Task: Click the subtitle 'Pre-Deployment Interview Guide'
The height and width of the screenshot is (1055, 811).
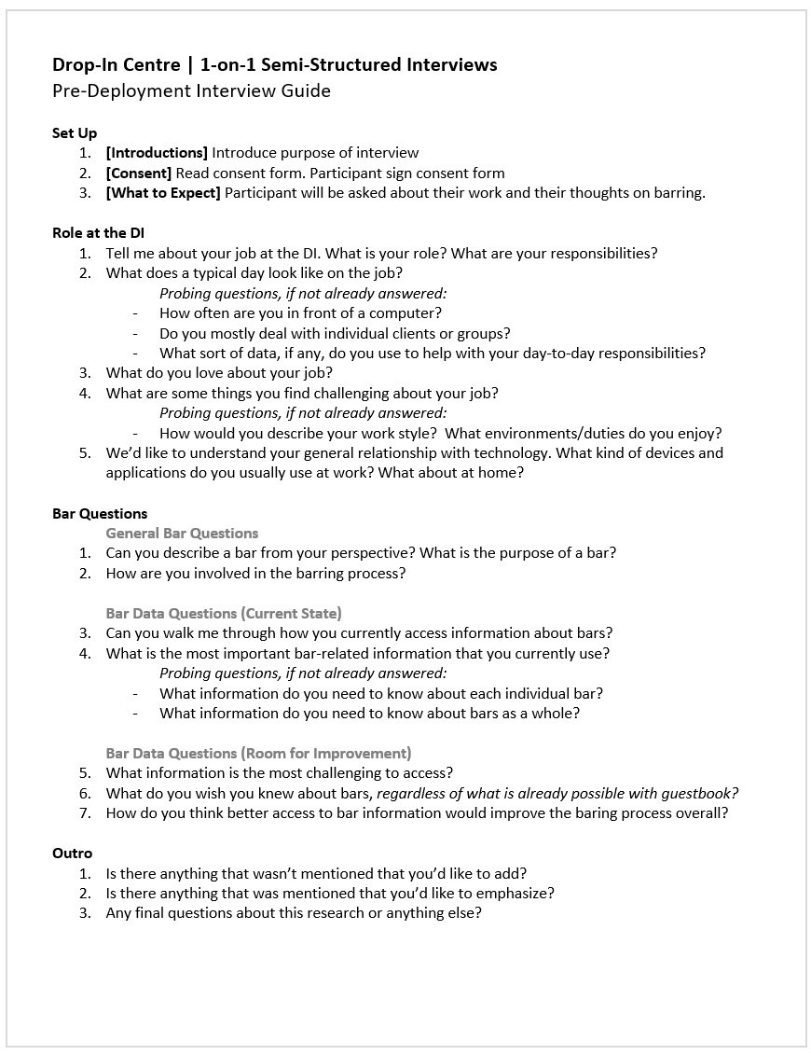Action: [191, 90]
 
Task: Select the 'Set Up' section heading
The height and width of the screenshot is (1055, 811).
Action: [75, 132]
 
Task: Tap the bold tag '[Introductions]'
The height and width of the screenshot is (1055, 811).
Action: [157, 152]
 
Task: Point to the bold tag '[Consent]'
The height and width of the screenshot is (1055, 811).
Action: [139, 173]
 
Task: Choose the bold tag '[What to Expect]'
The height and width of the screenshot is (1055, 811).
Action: [163, 193]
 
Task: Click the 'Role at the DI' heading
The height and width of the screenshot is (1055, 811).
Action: [98, 233]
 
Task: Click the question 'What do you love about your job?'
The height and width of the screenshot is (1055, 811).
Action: [219, 373]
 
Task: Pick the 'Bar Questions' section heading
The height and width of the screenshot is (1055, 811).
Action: [100, 513]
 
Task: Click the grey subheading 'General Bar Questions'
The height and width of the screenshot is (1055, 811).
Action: [182, 534]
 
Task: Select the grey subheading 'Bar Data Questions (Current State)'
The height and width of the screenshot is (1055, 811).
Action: [224, 613]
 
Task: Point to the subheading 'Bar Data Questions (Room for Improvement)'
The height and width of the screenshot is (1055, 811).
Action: [258, 753]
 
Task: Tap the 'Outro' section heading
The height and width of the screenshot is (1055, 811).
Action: [72, 853]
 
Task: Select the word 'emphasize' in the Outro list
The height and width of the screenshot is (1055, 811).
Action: [515, 894]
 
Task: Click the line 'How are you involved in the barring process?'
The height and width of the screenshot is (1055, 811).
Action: [255, 574]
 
